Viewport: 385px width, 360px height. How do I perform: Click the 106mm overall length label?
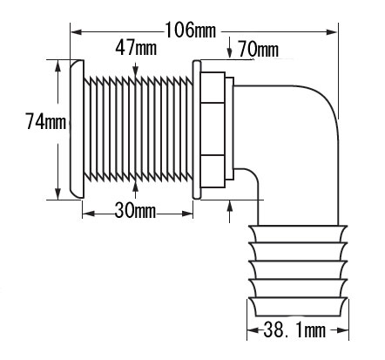tap(191, 30)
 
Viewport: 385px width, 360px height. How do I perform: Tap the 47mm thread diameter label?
tap(136, 48)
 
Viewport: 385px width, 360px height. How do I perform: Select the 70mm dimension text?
tap(258, 50)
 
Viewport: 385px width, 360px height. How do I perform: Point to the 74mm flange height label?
tap(46, 121)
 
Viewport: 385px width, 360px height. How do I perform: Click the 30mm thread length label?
tap(135, 210)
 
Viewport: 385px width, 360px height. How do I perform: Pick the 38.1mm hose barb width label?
tap(294, 330)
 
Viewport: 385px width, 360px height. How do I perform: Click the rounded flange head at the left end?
tap(77, 129)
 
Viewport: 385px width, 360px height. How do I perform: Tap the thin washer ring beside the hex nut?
tap(197, 130)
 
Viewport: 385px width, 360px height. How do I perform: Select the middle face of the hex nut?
tap(213, 129)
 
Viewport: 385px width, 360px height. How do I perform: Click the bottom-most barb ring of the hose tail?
tap(297, 307)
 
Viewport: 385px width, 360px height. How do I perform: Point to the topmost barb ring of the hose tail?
tap(297, 234)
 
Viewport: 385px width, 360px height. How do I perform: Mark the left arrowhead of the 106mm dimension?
tap(76, 31)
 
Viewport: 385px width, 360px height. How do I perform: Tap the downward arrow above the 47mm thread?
tap(135, 70)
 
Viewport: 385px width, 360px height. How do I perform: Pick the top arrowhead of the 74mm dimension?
tap(58, 65)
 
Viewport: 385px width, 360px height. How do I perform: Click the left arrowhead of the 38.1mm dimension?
tap(253, 330)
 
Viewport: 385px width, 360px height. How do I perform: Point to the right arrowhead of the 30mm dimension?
tap(187, 214)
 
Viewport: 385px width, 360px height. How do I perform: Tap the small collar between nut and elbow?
tap(230, 129)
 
